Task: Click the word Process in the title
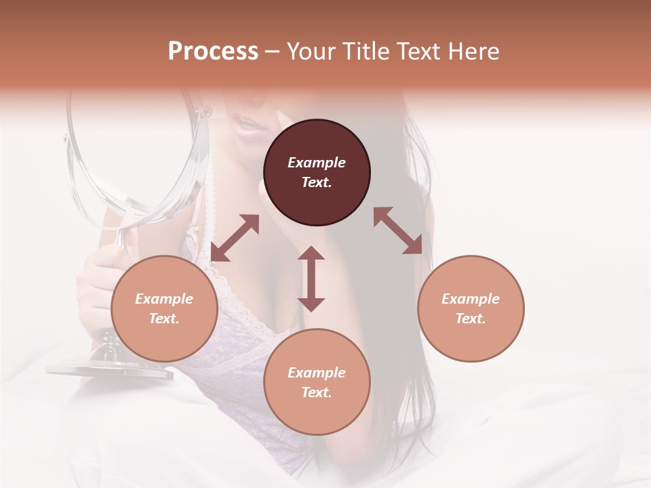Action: tap(213, 52)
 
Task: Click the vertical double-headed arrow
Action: tap(311, 279)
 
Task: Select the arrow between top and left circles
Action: tap(235, 238)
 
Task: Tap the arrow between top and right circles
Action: tap(398, 230)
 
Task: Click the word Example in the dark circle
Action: tap(317, 163)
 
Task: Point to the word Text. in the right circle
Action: tap(471, 319)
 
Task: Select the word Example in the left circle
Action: tap(164, 299)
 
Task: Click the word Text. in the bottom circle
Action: tap(317, 392)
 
